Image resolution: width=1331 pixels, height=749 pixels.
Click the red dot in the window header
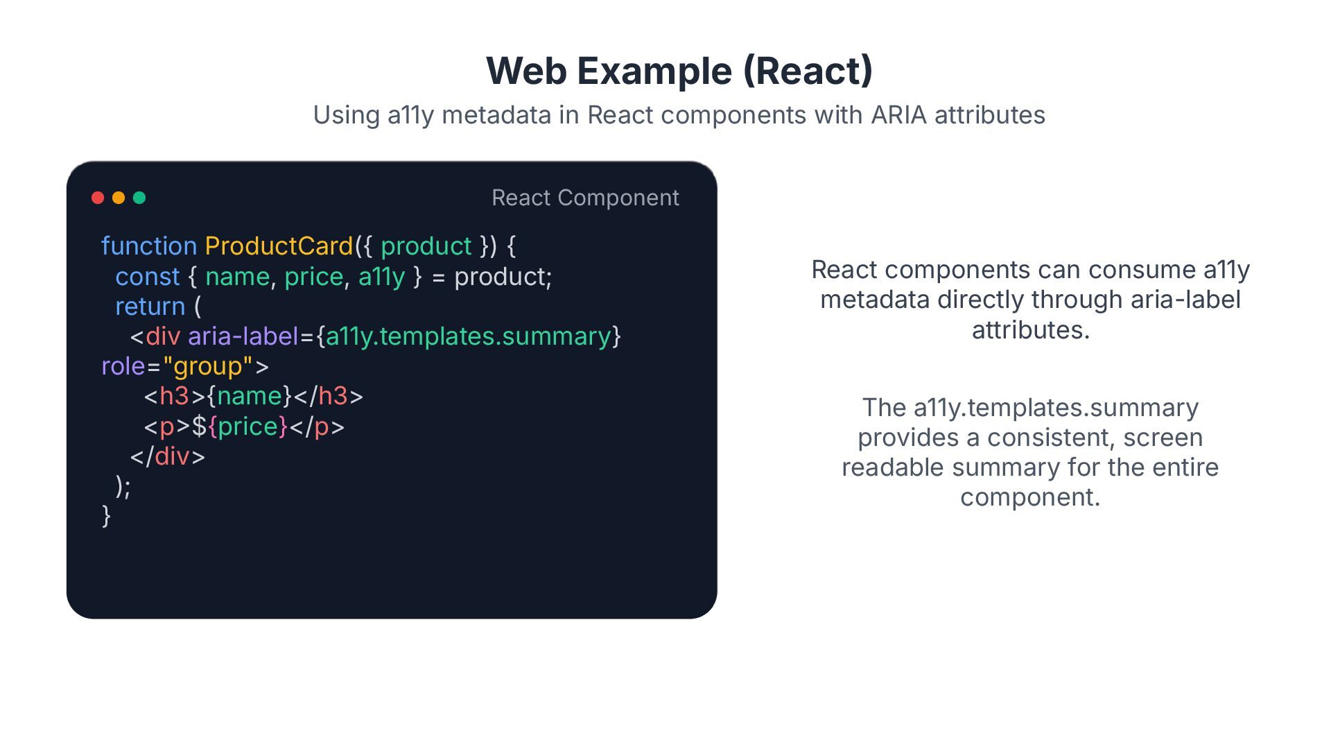coord(98,198)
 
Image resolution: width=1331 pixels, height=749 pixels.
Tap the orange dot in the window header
coord(119,198)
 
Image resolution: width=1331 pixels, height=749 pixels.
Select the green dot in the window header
coord(139,198)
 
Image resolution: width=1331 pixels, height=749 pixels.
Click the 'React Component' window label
coord(585,198)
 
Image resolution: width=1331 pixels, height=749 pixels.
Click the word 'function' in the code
coord(149,246)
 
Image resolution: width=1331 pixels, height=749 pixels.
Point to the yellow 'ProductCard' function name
coord(279,246)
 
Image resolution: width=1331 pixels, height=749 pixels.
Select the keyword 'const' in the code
coord(147,277)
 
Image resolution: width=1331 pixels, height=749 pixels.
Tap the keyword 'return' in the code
coord(150,307)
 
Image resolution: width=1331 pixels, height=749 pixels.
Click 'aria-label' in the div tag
coord(243,336)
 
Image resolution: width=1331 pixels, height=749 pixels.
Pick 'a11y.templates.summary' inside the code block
coord(469,336)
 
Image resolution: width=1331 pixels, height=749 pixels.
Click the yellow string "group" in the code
coord(207,366)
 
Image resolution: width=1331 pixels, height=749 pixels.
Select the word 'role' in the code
coord(123,366)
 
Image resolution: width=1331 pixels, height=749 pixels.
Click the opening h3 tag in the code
coord(174,396)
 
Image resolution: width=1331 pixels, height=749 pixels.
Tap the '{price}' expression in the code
coord(247,427)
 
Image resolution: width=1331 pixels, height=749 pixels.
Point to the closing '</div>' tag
coord(168,456)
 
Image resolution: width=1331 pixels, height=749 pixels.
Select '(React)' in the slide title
coord(808,71)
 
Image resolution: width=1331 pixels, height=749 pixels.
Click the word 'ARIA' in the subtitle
coord(898,115)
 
